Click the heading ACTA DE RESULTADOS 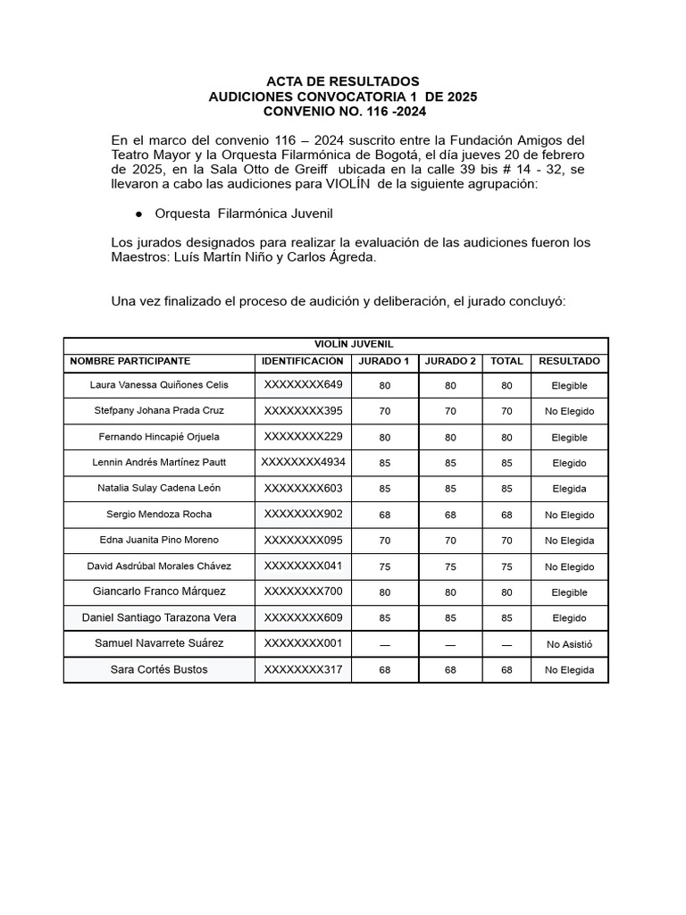tap(343, 81)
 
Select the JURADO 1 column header tap(384, 361)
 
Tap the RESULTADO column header tap(569, 361)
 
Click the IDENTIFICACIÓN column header tap(303, 361)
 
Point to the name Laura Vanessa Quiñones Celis tap(159, 385)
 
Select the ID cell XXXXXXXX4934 tap(303, 462)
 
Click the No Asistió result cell tap(569, 644)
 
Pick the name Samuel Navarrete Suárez tap(159, 643)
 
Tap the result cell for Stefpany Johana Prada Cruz tap(569, 411)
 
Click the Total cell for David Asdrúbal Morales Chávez tap(506, 567)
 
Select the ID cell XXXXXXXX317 tap(303, 669)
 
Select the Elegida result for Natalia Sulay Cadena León tap(569, 489)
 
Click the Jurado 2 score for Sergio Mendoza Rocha tap(450, 515)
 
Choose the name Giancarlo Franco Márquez tap(159, 592)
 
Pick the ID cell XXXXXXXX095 tap(303, 540)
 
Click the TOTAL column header tap(506, 361)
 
